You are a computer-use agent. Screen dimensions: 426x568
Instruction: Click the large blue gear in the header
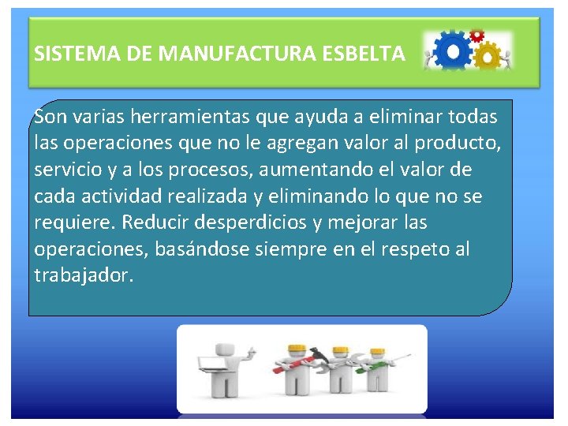click(x=453, y=52)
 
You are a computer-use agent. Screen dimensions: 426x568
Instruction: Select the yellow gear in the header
click(x=488, y=57)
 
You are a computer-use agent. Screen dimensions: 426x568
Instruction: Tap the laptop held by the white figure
click(x=212, y=364)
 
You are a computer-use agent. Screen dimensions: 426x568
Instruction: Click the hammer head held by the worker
click(x=316, y=353)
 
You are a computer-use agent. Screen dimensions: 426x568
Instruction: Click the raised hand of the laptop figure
click(x=251, y=348)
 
